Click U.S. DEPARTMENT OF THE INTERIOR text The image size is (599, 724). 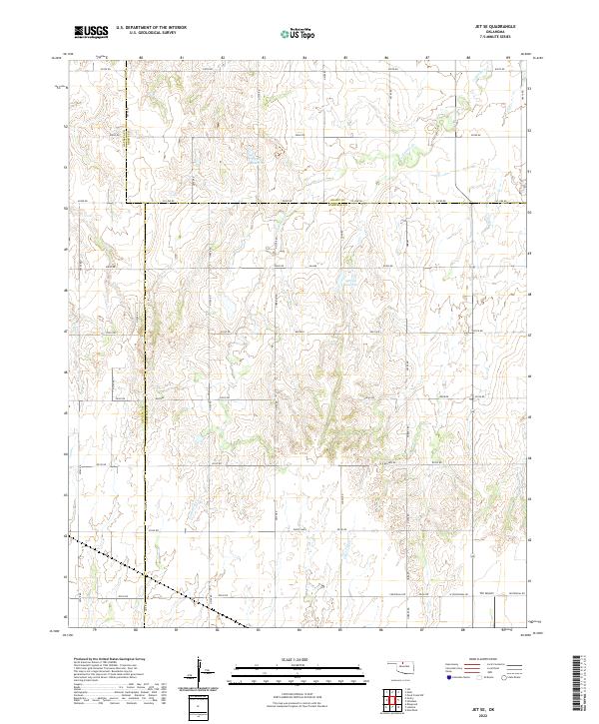coord(151,28)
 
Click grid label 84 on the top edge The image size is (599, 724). coord(303,58)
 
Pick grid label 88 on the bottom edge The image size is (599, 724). coord(464,630)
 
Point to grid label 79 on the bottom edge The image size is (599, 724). coord(94,630)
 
